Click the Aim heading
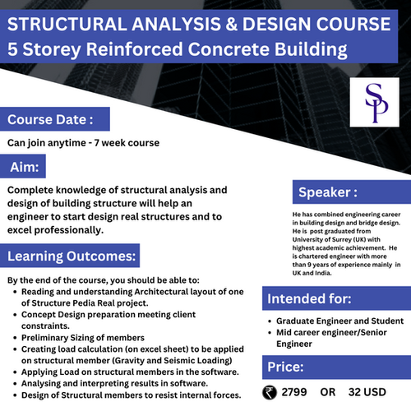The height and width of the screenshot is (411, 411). [25, 167]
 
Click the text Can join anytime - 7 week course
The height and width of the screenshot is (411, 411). [83, 142]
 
